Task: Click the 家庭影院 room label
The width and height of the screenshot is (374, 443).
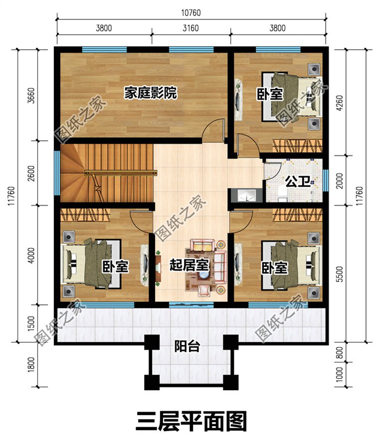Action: point(151,93)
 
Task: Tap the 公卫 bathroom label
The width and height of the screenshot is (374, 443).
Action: point(298,181)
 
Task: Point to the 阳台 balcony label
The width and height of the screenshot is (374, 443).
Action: point(187,346)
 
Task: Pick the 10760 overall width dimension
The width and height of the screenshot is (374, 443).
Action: point(190,13)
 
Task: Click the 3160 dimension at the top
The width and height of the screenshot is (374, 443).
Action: point(190,28)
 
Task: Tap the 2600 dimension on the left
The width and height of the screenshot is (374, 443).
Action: point(31,174)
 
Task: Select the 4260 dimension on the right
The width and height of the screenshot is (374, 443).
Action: point(340,104)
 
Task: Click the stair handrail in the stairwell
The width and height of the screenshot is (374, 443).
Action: point(121,173)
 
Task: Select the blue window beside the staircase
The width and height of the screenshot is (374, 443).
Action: point(57,173)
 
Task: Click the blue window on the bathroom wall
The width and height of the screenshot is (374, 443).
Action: point(326,180)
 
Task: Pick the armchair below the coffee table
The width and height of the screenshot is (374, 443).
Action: point(203,290)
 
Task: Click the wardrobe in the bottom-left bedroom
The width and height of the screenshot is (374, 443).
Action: point(85,215)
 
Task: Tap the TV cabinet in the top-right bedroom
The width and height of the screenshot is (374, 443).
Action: point(239,97)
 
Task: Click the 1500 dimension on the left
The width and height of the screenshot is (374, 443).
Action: point(31,324)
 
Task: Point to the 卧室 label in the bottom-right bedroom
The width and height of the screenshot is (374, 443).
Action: point(274,268)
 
